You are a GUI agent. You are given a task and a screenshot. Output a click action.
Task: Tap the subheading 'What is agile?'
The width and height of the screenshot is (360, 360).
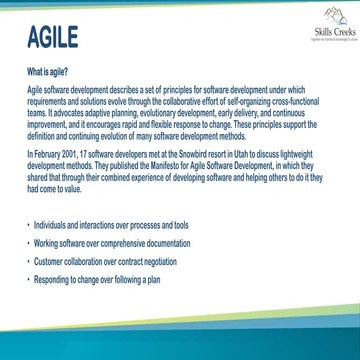pos(46,74)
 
